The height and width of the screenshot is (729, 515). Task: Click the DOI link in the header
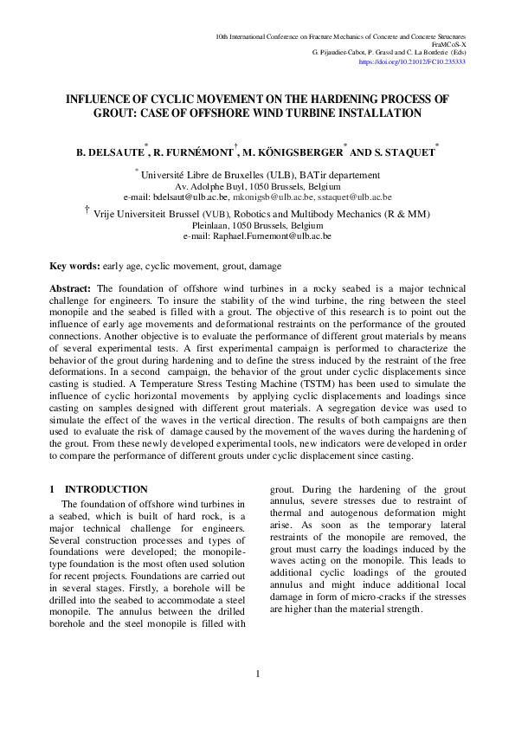point(424,62)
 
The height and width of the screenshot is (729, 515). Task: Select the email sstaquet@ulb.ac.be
point(355,197)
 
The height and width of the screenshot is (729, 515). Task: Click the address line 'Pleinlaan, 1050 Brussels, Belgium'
point(257,224)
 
